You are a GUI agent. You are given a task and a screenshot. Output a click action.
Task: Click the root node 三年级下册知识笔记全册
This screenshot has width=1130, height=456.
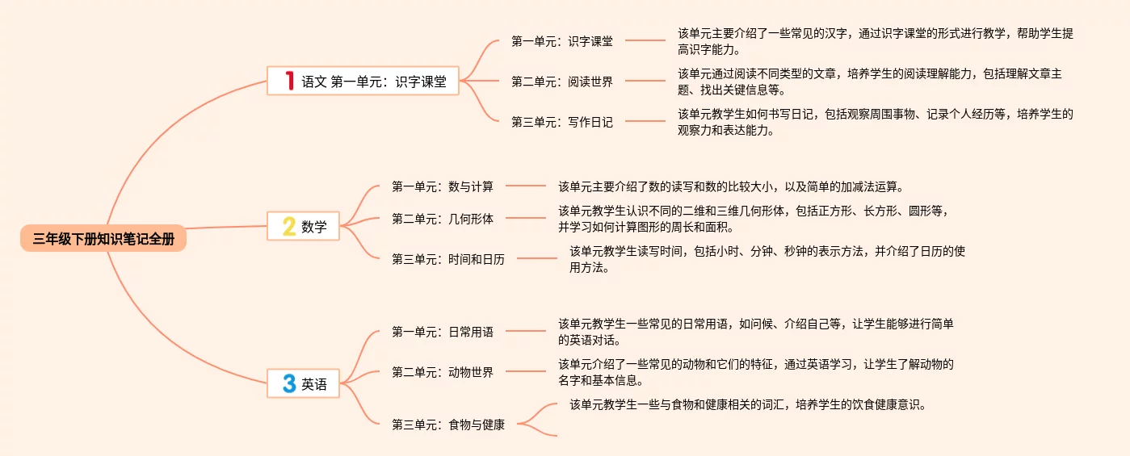click(103, 239)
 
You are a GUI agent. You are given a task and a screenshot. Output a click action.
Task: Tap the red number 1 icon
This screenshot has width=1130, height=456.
click(289, 81)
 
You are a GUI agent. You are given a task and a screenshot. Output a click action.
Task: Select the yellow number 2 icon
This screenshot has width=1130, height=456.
click(288, 227)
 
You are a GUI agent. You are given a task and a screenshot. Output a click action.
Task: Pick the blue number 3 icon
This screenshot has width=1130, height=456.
click(288, 384)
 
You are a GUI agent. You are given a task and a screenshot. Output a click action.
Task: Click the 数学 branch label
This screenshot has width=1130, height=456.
click(314, 227)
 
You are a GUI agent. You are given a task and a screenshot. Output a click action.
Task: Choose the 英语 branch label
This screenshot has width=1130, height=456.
click(314, 385)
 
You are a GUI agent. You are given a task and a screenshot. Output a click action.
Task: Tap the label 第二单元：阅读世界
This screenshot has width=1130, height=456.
click(562, 82)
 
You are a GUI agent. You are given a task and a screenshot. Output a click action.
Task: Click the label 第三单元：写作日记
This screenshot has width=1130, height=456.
click(562, 122)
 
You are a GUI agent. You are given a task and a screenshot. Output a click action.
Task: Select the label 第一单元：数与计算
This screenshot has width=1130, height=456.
click(443, 186)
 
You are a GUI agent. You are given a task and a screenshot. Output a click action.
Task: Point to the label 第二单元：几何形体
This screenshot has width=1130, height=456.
click(443, 218)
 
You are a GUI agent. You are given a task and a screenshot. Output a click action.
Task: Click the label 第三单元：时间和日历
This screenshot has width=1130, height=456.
click(448, 259)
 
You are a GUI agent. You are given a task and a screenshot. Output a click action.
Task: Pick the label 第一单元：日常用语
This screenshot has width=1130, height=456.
click(443, 331)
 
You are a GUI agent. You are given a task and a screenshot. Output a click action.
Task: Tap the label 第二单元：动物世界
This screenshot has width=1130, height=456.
click(443, 372)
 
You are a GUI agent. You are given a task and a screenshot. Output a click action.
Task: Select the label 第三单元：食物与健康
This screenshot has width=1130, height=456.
click(448, 425)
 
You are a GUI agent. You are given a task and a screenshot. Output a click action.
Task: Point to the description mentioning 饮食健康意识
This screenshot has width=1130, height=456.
click(746, 404)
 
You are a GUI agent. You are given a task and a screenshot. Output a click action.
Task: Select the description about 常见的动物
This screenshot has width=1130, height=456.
click(756, 372)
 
